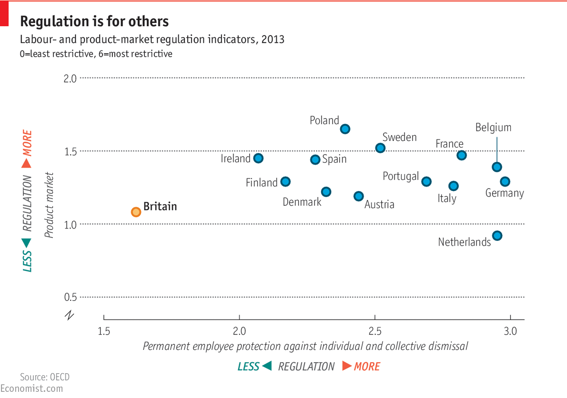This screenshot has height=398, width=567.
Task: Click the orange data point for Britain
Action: click(136, 212)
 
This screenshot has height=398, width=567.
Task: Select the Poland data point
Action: click(345, 129)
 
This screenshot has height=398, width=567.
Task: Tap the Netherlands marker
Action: click(497, 236)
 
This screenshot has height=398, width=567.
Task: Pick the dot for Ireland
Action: click(258, 158)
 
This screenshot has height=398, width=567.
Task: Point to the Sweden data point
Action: click(380, 148)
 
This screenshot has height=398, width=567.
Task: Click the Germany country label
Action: click(504, 193)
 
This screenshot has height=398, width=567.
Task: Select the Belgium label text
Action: click(493, 128)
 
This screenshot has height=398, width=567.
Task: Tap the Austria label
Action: click(379, 205)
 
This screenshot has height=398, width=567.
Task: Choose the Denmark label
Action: click(302, 202)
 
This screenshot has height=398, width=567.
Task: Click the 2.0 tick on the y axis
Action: click(70, 78)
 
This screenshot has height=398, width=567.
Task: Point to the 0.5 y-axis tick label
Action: click(70, 297)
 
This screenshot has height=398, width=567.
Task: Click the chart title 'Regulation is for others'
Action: click(94, 21)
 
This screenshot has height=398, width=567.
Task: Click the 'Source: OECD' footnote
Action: click(45, 377)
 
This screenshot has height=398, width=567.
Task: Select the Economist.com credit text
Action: click(31, 388)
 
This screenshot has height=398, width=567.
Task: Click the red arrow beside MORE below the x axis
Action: click(347, 366)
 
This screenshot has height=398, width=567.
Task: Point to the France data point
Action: click(461, 155)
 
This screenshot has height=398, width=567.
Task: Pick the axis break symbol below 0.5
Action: click(70, 315)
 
